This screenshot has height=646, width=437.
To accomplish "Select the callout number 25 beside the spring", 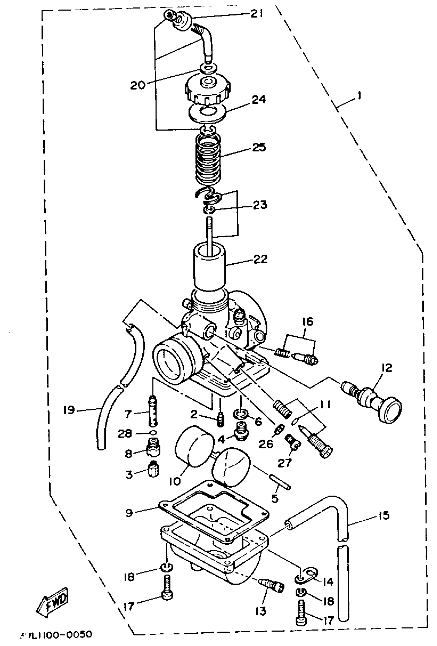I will [259, 147].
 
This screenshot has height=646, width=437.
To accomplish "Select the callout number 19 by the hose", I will [69, 410].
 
